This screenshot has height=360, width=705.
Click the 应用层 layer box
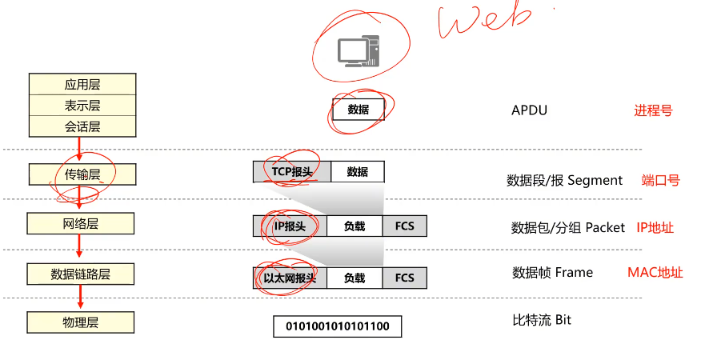coord(82,84)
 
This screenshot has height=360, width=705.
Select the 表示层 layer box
coord(82,106)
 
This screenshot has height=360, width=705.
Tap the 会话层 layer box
coord(82,126)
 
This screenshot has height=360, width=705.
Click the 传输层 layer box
coord(82,174)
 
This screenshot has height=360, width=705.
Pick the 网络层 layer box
coord(81,223)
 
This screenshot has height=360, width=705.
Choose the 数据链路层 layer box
coord(81,274)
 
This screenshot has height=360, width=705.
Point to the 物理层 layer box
coord(81,322)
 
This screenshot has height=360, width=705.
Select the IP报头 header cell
coord(290,226)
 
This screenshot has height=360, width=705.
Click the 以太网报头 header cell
coord(290,278)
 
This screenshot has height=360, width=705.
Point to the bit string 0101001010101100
coord(337,326)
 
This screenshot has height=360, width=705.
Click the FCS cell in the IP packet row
coord(405,226)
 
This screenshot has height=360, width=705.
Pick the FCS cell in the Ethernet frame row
coord(405,278)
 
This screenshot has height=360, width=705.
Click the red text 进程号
coord(653,110)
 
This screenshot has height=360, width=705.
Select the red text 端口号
coord(660,181)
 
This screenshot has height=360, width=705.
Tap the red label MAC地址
coord(655,273)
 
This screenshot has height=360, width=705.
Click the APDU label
coord(530,110)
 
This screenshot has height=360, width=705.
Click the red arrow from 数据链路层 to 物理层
coord(81,298)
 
